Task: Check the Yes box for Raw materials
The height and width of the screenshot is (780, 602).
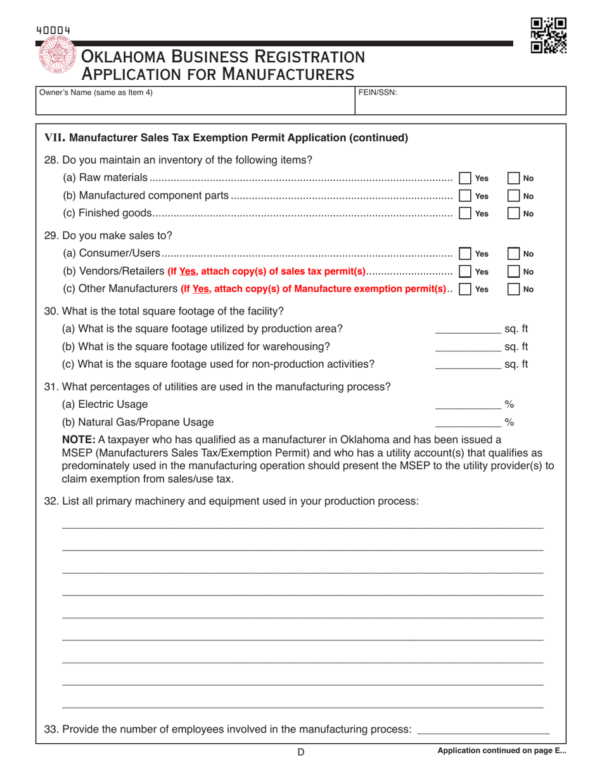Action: [464, 178]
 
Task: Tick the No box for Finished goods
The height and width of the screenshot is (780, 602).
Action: [515, 213]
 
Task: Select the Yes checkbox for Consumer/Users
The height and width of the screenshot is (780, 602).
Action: [464, 254]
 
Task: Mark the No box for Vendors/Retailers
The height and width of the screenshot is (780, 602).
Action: [515, 272]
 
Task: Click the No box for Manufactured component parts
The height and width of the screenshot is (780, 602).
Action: [515, 196]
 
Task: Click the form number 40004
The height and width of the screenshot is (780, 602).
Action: [53, 29]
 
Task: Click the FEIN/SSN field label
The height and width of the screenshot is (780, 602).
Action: [378, 92]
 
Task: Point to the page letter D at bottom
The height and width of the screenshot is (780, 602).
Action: [301, 753]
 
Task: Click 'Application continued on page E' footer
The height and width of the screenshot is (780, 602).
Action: [502, 751]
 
